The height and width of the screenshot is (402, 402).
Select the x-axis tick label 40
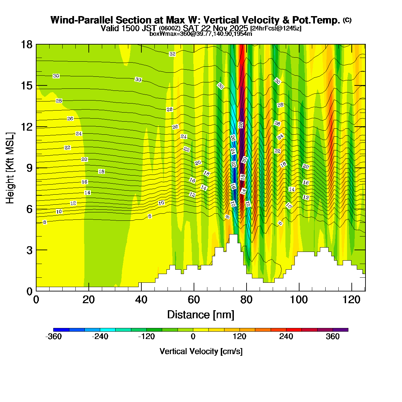(x=141, y=299)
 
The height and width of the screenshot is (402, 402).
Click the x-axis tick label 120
(x=352, y=299)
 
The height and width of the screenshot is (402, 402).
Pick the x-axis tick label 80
(x=247, y=299)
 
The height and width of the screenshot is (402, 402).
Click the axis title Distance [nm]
(x=201, y=315)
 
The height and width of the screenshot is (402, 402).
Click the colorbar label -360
(x=54, y=337)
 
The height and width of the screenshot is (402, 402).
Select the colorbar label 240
(x=286, y=337)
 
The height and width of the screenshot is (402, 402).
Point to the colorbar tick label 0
(x=193, y=337)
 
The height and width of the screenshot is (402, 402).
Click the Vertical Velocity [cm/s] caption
(x=201, y=351)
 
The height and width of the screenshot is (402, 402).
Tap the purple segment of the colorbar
(x=340, y=330)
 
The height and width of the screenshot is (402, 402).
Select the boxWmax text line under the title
(x=201, y=33)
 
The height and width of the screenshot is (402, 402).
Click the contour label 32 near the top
(x=172, y=54)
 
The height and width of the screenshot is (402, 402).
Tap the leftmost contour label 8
(x=45, y=222)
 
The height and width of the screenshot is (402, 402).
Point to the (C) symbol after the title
(x=347, y=20)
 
